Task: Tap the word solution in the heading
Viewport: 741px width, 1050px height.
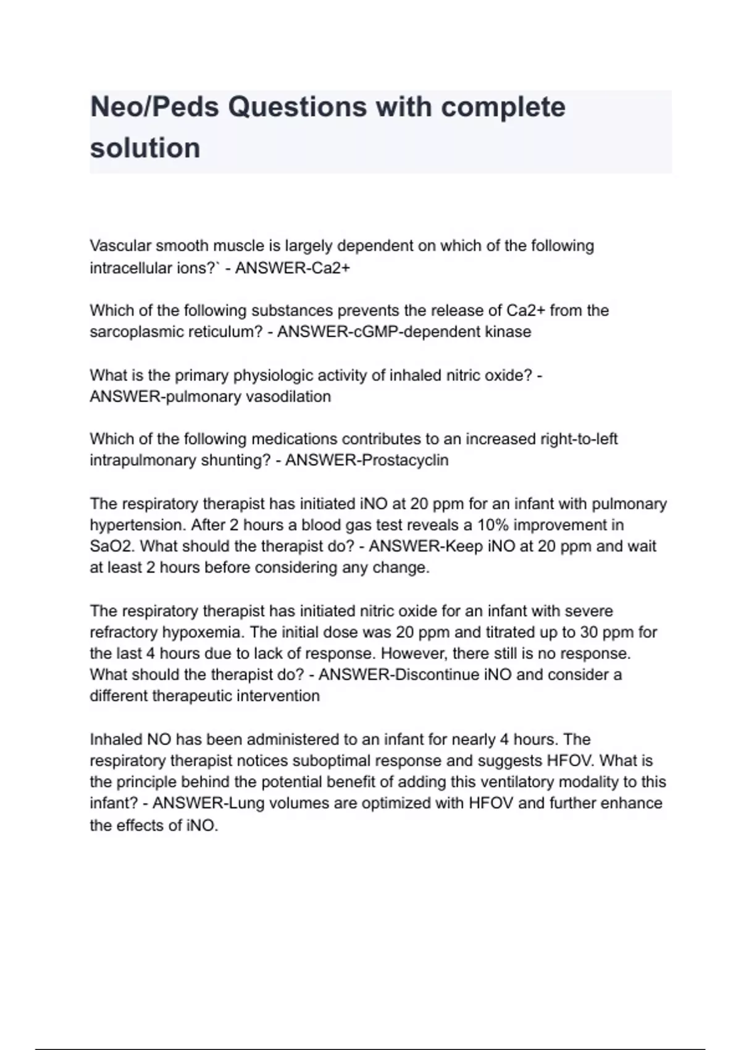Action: tap(145, 148)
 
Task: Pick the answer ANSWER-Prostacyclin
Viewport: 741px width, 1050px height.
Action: tap(367, 461)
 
